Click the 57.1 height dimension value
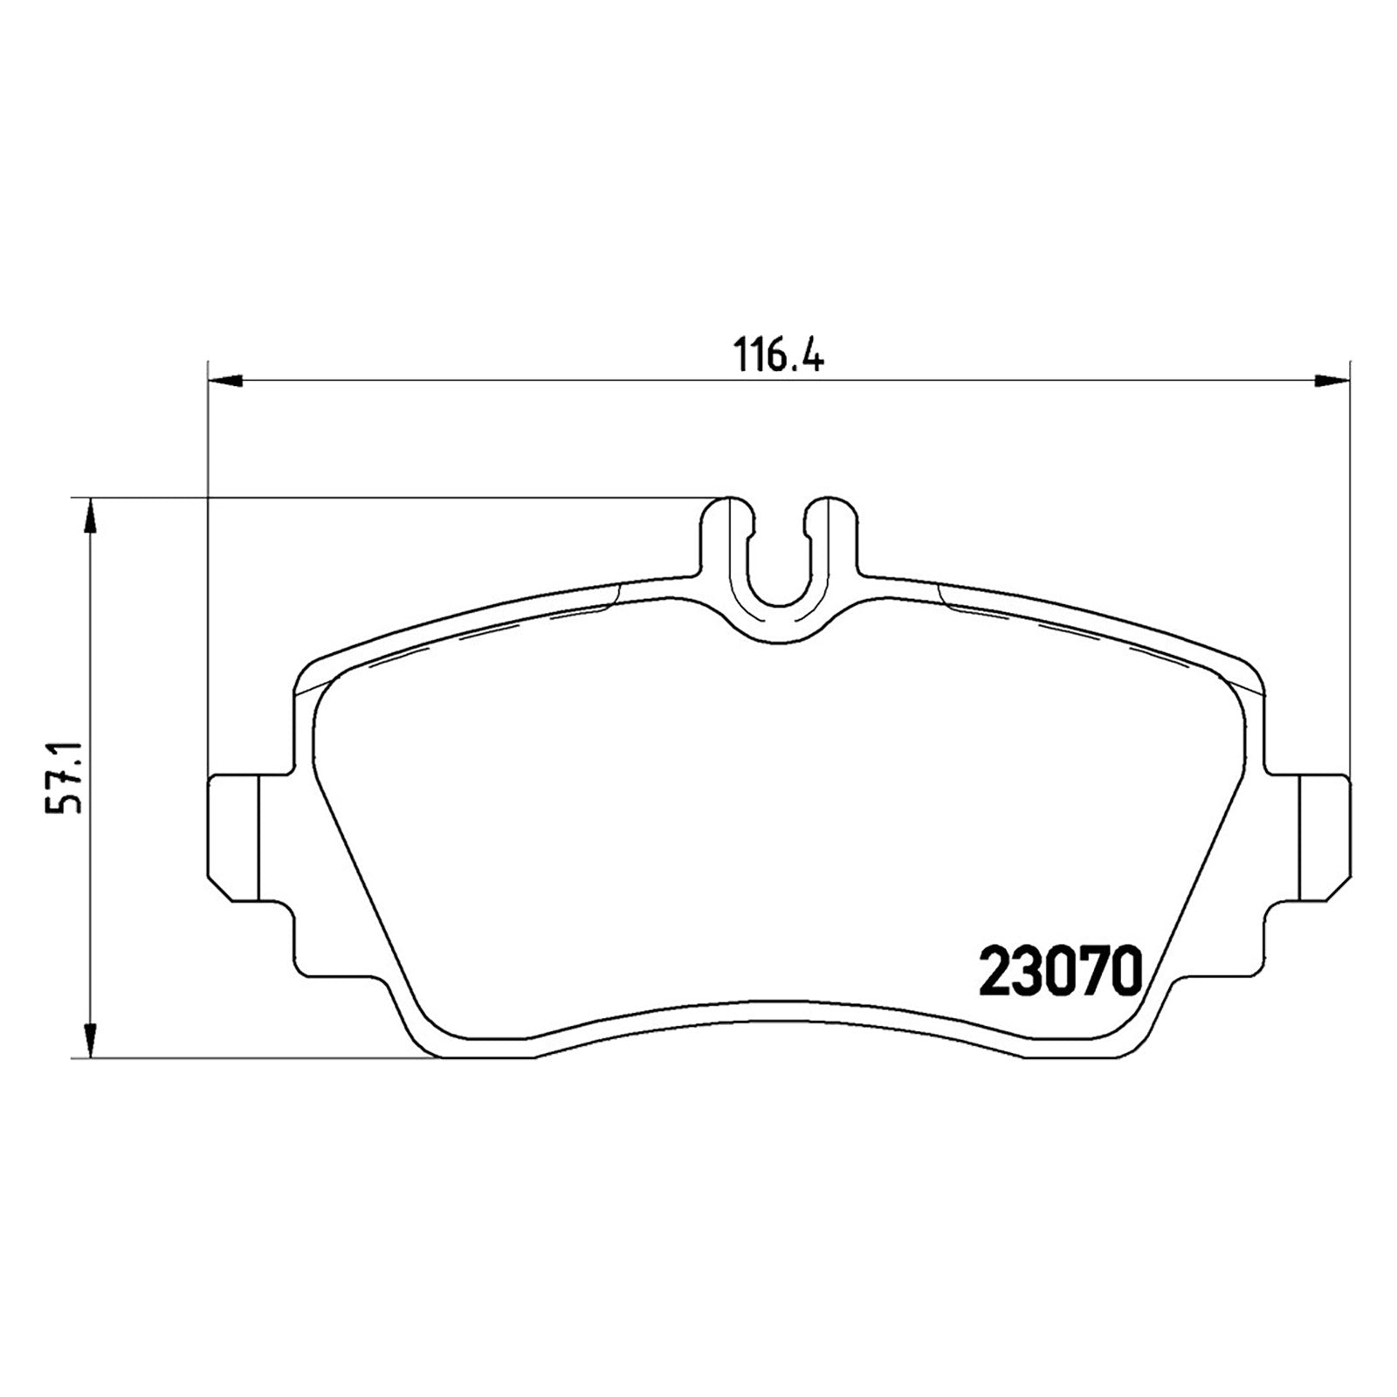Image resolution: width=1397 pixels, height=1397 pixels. click(x=63, y=777)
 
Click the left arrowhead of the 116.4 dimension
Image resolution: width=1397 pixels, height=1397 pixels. click(x=225, y=379)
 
